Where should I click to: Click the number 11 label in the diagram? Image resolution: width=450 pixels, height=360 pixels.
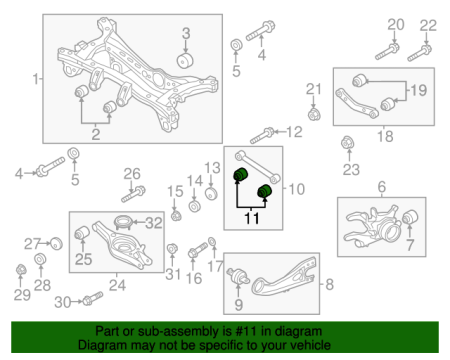click(252, 218)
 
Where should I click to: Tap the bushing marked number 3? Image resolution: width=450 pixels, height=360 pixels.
click(185, 60)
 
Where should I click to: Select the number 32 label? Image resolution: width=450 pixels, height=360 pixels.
click(154, 223)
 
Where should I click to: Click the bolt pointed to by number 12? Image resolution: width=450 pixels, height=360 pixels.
click(262, 135)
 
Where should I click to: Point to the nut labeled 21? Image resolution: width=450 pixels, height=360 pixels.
click(314, 114)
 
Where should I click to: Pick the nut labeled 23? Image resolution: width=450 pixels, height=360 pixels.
click(348, 143)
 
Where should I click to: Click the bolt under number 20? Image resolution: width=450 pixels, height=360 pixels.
click(387, 52)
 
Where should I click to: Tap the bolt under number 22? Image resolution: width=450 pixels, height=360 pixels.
click(419, 53)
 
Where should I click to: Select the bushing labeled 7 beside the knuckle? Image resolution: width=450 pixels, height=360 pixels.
click(410, 217)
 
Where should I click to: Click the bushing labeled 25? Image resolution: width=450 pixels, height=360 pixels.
click(82, 233)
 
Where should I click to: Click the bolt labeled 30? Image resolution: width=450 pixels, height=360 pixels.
click(93, 298)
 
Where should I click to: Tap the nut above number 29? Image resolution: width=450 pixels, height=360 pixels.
click(21, 269)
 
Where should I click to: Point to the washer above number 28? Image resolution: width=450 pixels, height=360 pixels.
click(40, 259)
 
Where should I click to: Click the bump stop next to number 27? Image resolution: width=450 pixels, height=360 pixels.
click(56, 244)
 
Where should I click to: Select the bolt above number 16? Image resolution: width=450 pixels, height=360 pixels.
click(198, 251)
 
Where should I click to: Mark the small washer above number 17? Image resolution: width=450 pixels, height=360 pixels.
click(212, 241)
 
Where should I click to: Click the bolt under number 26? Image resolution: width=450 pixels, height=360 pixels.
click(133, 195)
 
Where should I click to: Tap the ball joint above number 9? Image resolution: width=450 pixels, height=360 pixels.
click(238, 277)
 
